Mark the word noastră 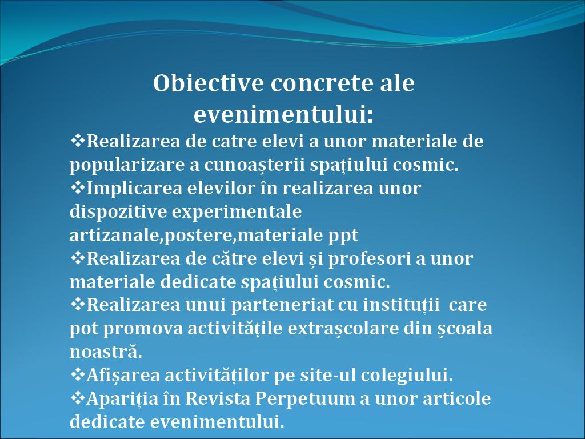[106, 352]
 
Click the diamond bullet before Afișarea [78, 374]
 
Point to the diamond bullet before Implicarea [78, 187]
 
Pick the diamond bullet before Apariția [78, 398]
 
